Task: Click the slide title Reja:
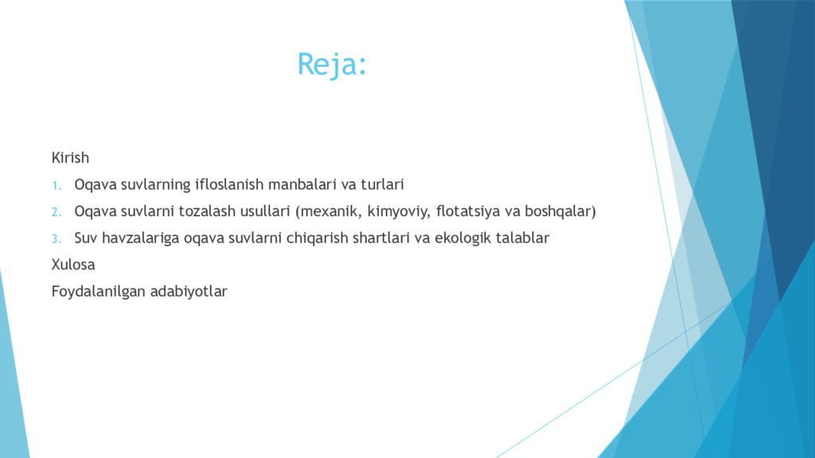point(333,64)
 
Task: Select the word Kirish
point(70,157)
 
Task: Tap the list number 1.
point(57,185)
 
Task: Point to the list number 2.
point(57,212)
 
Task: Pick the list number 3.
point(57,239)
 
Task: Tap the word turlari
point(382,184)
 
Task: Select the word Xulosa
point(73,265)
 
